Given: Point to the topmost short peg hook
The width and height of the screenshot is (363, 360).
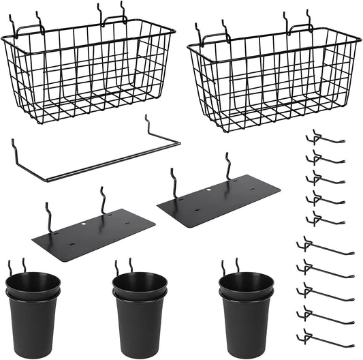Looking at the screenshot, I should coord(323,140).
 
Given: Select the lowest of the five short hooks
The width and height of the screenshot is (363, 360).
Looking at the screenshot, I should coord(323,219).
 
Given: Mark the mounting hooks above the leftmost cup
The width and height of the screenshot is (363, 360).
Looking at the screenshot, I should coord(18,265).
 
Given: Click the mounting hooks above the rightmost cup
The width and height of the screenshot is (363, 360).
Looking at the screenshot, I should coord(230,265).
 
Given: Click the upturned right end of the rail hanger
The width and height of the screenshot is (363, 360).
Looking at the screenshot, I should coord(148,126).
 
